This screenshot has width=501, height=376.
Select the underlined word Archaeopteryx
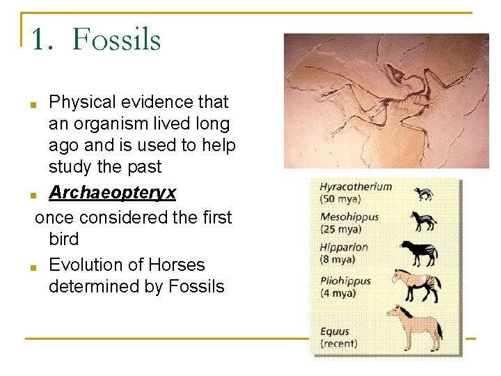point(112,192)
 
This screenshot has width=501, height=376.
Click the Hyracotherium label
point(356,187)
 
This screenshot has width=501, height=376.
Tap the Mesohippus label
point(349,217)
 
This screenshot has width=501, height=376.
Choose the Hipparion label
point(344,247)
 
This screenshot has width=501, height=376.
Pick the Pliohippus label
point(346,281)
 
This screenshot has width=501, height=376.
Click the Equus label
point(335,331)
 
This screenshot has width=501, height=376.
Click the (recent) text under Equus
point(339,343)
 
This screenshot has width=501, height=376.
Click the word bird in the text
point(64,239)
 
